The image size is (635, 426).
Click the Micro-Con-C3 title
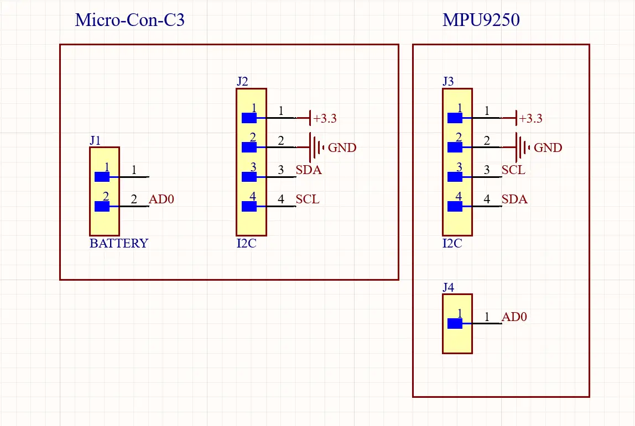point(129,20)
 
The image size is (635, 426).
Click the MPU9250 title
point(481,20)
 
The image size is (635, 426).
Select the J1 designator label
point(95,140)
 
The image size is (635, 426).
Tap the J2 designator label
point(242,82)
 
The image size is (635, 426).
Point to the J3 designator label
point(448,82)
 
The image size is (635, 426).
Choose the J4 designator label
point(448,287)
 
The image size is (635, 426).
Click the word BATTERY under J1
point(118,244)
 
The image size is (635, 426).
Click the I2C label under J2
point(246,244)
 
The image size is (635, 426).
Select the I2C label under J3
point(452,244)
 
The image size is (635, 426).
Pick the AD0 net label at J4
point(514,317)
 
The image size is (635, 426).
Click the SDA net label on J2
point(308,170)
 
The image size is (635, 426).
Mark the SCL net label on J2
point(307,199)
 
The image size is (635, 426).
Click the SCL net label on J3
point(513,170)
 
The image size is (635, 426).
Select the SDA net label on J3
point(514,199)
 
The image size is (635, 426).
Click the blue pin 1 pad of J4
point(455,323)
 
